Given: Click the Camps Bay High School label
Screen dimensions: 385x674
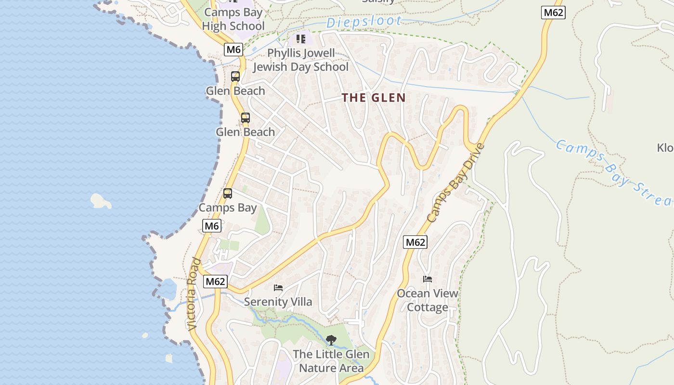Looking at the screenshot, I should point(233,19).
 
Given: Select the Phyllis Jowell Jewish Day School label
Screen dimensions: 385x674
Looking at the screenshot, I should point(301,60).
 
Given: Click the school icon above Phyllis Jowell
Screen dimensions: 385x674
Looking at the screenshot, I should point(301,38).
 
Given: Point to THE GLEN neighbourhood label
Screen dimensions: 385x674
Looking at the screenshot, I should point(374,98).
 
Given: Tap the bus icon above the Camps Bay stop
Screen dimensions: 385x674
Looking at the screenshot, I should point(228,193).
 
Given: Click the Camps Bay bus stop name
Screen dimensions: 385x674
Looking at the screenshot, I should point(228,208).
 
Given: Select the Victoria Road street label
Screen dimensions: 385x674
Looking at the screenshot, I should point(194,294).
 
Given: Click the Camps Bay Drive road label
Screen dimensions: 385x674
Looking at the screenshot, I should point(454,183).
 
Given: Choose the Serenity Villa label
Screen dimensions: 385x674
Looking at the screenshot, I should point(278,302).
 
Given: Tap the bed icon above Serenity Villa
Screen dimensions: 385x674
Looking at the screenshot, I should point(278,288).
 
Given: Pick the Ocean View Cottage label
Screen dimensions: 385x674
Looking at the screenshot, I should point(428,300).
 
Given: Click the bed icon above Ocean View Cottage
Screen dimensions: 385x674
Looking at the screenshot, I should point(428,279).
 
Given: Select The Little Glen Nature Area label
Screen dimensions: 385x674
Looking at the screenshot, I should point(331,361).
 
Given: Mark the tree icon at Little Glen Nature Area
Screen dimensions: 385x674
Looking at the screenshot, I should point(331,340).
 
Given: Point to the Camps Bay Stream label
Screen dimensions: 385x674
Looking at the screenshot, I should point(614,172).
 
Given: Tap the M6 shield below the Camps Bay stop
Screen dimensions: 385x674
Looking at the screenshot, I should point(211,226).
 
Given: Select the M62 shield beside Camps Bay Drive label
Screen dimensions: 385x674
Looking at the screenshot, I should point(415,242).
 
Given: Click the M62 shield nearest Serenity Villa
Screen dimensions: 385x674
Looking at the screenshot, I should point(215,282).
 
